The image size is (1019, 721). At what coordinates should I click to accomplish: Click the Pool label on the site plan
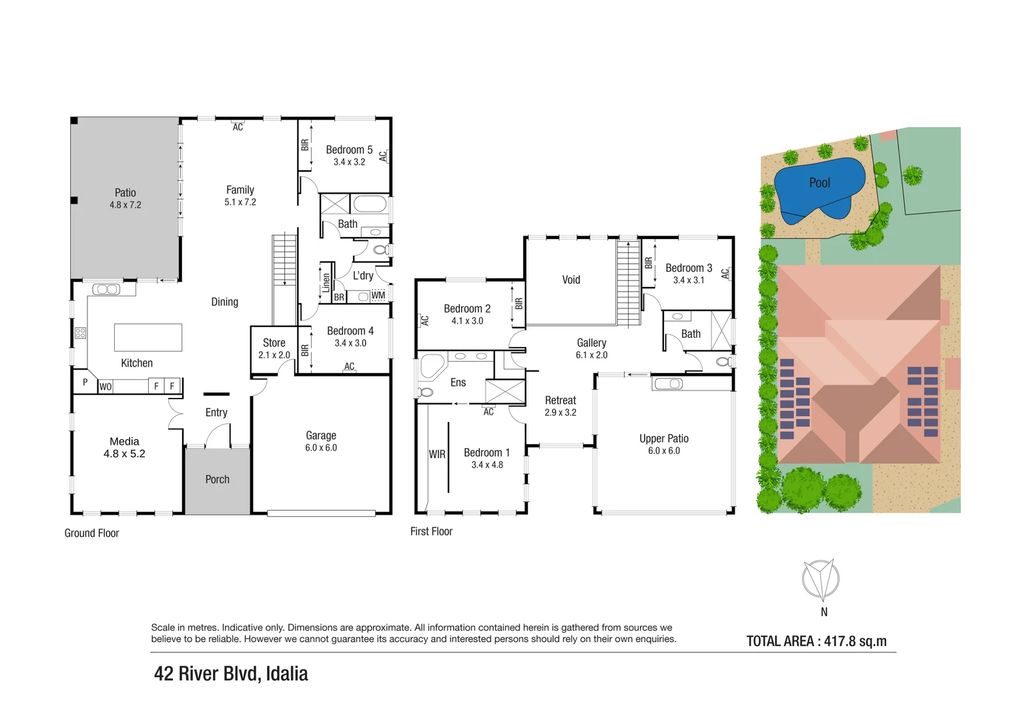pos(819,183)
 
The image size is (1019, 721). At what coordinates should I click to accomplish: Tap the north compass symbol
pos(821,579)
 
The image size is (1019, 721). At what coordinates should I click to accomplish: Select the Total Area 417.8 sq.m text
pos(816,642)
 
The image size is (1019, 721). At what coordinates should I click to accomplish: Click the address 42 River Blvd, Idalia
pos(231,674)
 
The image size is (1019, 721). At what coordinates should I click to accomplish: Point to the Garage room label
pos(321,435)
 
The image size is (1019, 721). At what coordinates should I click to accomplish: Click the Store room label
pos(274,342)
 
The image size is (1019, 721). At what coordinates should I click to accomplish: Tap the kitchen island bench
pos(147,337)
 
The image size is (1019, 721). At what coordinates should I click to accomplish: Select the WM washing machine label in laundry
pos(378,295)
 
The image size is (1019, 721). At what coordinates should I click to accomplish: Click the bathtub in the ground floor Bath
pos(369,204)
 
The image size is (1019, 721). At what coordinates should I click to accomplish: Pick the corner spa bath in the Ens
pos(431,367)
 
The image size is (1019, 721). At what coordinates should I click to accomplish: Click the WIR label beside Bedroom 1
pos(436,454)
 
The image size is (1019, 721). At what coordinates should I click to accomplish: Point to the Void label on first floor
pos(571,280)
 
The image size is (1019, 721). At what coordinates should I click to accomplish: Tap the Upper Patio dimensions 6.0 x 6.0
pos(663,451)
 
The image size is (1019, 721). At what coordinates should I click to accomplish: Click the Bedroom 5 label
pos(349,150)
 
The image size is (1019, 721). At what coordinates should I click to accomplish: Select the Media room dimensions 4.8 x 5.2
pos(124,454)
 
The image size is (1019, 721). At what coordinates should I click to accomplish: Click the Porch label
pos(217,479)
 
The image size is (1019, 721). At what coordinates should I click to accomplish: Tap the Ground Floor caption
pos(91,533)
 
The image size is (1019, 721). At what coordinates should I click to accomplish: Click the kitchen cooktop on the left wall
pos(80,332)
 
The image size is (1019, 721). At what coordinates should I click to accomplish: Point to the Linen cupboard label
pos(326,282)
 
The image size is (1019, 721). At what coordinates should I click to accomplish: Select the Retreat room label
pos(560,400)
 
